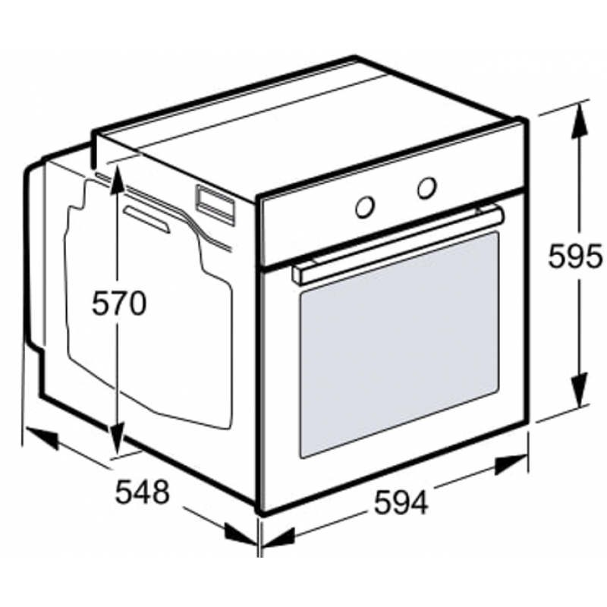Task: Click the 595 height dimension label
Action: [575, 256]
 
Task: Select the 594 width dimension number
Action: [401, 502]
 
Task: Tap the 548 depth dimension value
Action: [143, 492]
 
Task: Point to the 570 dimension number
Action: [119, 303]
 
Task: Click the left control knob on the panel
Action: [365, 206]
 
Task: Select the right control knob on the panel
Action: [427, 188]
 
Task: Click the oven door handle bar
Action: [399, 245]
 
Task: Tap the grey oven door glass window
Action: [399, 345]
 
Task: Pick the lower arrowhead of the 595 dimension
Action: [580, 390]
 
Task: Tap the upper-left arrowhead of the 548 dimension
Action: [41, 438]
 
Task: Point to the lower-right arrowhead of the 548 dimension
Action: [241, 535]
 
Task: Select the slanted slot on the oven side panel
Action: [147, 219]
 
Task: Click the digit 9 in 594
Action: [401, 502]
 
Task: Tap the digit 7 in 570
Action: [119, 303]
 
